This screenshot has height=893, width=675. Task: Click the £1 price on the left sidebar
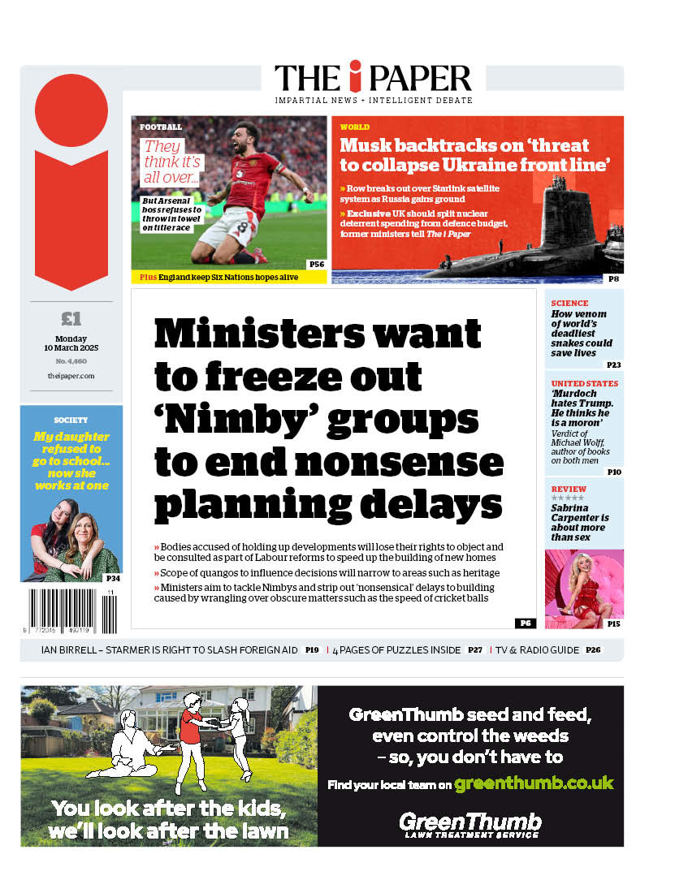point(71,318)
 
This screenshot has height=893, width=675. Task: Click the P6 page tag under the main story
point(525,623)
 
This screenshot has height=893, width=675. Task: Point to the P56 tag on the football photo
point(316,264)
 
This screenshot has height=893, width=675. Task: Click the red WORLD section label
point(354,127)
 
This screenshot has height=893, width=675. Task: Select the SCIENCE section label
point(569,303)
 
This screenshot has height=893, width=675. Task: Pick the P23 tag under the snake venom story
point(613,365)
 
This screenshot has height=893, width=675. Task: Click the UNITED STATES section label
point(584,383)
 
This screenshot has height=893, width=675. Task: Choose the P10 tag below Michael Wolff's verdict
point(613,472)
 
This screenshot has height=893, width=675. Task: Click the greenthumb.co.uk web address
point(534,783)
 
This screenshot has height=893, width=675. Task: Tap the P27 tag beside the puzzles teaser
point(475,650)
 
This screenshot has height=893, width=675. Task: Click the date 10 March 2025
point(71,348)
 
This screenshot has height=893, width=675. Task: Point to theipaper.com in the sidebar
point(71,376)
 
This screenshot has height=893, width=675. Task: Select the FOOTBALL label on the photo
point(161,127)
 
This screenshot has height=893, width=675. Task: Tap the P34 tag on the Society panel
point(112,578)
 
